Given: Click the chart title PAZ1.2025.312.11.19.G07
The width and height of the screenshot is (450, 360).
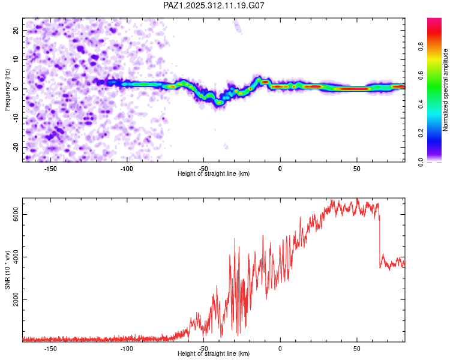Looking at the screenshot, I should point(214,5).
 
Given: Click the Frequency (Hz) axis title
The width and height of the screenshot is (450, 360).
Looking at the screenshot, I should point(7,89).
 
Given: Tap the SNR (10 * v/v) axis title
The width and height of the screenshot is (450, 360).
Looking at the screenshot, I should point(7,271).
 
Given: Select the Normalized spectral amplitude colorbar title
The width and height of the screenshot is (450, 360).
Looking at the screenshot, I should point(445,91).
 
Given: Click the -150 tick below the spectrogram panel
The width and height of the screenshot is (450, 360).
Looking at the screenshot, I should point(50,169).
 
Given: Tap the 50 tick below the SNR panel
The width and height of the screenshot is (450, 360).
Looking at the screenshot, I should point(356,349).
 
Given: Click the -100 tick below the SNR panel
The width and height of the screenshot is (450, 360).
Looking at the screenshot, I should point(127,349).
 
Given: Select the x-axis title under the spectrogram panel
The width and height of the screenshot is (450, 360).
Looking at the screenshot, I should point(214,174).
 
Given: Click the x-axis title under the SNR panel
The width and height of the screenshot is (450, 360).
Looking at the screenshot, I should point(214,354).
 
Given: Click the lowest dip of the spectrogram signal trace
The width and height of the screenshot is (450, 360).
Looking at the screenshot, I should point(220,103).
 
